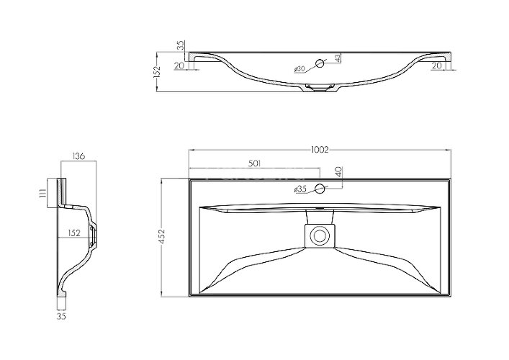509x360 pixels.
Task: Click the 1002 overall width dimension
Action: (x=320, y=150)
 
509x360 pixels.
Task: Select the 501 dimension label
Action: (x=255, y=163)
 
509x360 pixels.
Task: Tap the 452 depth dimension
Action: (x=162, y=236)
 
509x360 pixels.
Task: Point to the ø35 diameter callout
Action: (x=300, y=189)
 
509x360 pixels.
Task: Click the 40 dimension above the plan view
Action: (x=338, y=171)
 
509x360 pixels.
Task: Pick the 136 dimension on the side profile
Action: (x=78, y=156)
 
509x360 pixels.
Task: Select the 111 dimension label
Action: (x=42, y=194)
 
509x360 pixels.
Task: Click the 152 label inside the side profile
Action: (x=74, y=233)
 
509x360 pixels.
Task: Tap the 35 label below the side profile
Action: (x=61, y=316)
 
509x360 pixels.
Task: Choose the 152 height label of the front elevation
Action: (x=157, y=72)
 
